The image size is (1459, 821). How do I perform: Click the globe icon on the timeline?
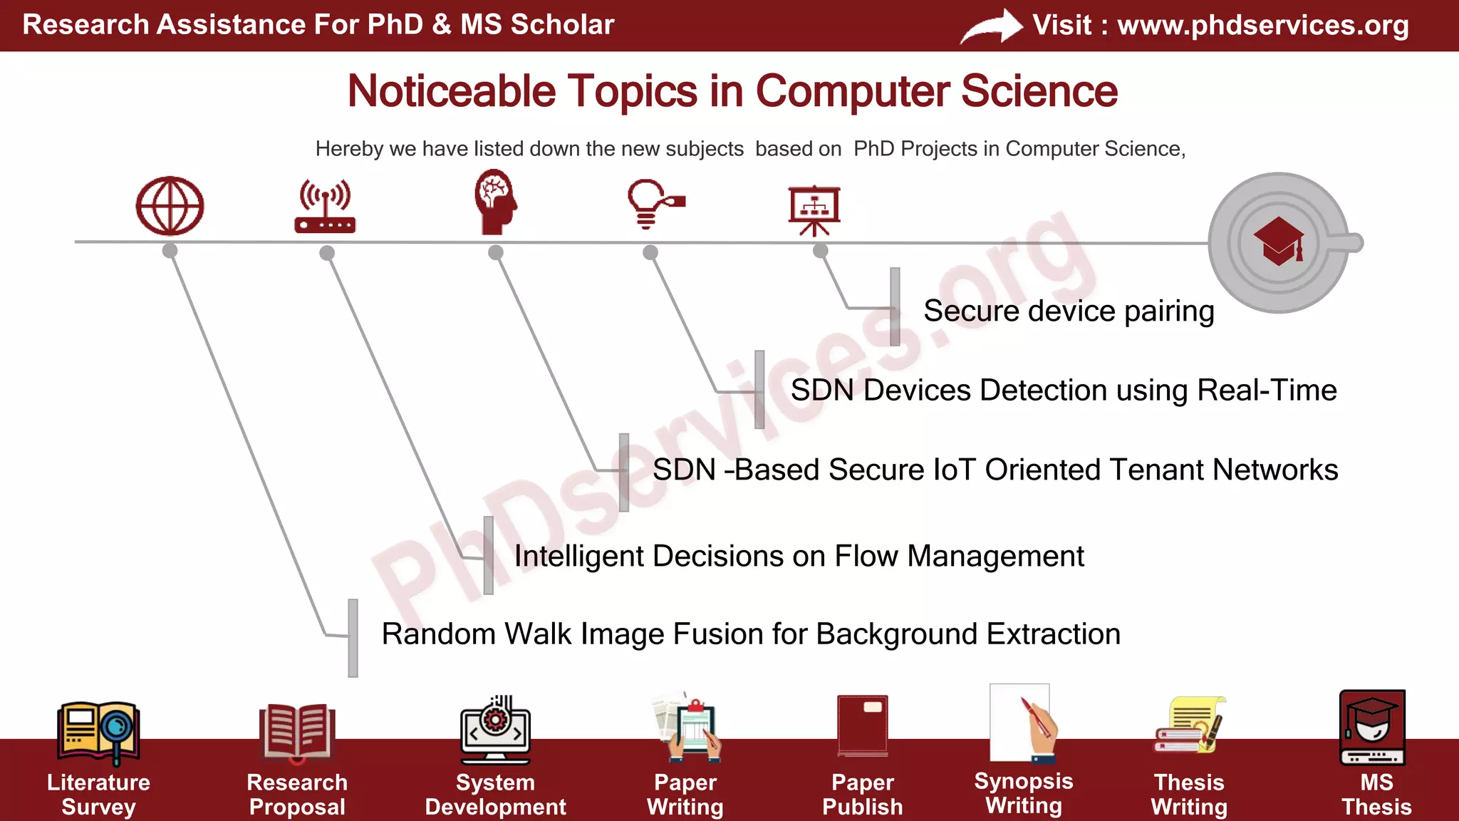(170, 207)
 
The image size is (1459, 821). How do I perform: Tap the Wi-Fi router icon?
(325, 207)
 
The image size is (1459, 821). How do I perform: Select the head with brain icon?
(495, 202)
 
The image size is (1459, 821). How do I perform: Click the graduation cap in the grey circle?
(1279, 242)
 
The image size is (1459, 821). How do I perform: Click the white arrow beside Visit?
(992, 27)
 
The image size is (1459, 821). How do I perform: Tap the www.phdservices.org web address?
(1262, 26)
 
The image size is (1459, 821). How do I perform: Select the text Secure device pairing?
(1068, 311)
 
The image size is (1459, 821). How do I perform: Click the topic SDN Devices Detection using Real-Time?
(1063, 391)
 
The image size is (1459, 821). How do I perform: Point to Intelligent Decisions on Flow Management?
(799, 557)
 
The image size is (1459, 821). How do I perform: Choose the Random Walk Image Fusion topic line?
(750, 634)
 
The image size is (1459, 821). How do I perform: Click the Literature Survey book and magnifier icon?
(98, 733)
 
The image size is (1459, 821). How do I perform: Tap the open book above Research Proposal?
(297, 732)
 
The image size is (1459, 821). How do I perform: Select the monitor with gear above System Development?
(495, 730)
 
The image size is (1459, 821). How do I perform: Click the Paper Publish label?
(862, 795)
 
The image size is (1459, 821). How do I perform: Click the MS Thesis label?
(1376, 795)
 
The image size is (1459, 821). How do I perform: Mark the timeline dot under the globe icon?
(170, 251)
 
